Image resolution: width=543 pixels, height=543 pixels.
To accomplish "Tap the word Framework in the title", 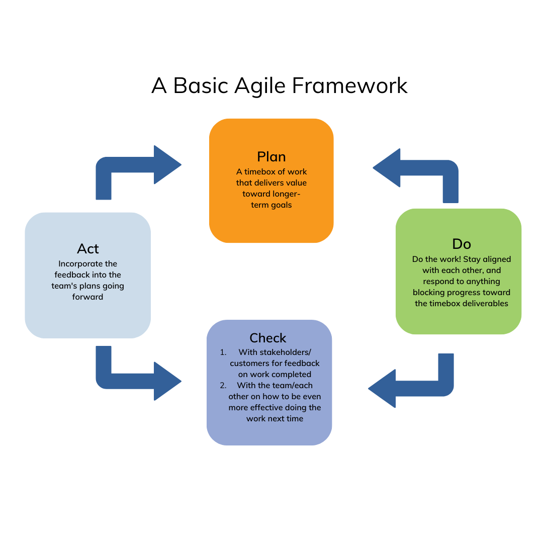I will click(x=350, y=85).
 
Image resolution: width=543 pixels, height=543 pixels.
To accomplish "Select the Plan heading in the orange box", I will click(x=271, y=156).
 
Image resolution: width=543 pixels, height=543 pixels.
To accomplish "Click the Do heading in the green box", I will click(x=462, y=244).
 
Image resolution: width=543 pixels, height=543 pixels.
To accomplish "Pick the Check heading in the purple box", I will click(x=268, y=338).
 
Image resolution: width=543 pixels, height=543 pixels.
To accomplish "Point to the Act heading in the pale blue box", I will click(x=88, y=248).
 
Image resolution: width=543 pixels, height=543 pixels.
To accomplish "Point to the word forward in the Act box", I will click(x=88, y=297).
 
